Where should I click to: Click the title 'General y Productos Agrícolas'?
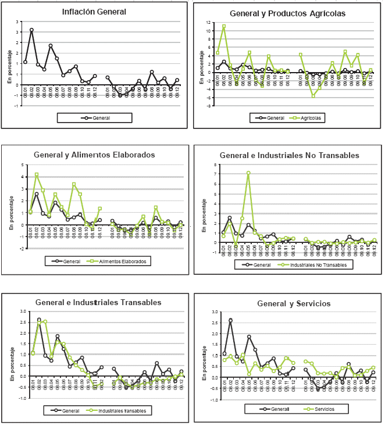click(287, 13)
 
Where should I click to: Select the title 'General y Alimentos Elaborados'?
click(94, 155)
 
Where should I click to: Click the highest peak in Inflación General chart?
click(31, 30)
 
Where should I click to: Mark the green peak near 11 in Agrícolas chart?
click(224, 26)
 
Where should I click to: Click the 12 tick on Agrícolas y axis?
click(208, 22)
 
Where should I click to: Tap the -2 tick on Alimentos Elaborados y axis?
click(21, 248)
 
